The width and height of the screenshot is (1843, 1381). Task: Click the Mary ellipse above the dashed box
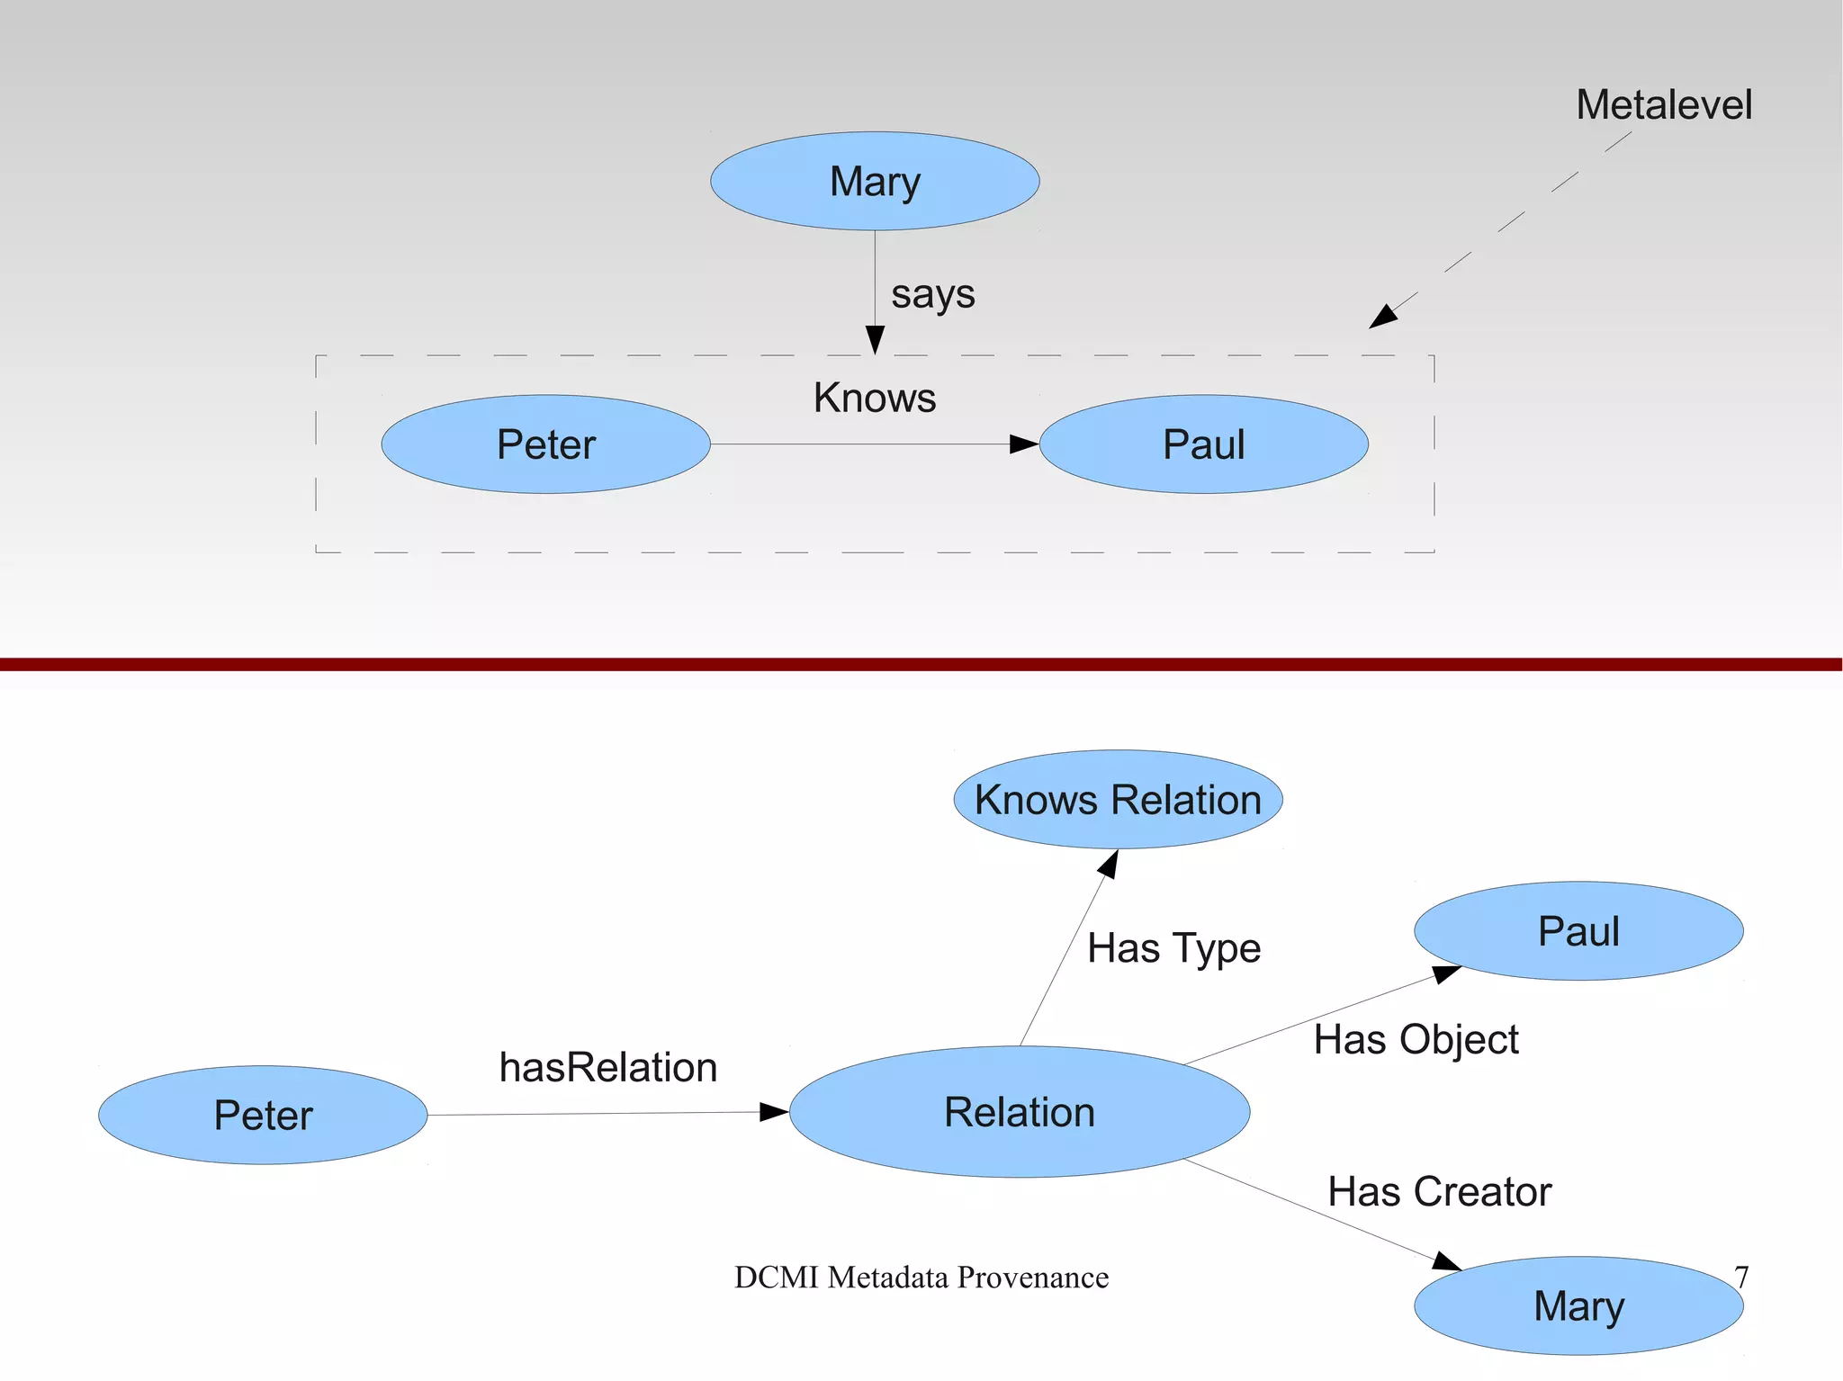(875, 181)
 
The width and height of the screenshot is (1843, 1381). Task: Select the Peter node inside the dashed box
(545, 444)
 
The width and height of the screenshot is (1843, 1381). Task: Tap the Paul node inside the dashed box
(1203, 444)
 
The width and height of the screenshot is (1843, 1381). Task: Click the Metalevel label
(1664, 105)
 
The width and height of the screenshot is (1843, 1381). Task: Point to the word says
(932, 294)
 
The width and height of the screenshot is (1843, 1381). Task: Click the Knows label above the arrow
(875, 398)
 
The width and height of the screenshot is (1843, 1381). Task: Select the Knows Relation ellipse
(1118, 800)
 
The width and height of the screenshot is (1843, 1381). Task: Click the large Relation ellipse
(1020, 1112)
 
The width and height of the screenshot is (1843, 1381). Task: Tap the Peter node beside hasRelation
(263, 1116)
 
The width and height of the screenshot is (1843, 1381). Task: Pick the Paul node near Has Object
(1578, 931)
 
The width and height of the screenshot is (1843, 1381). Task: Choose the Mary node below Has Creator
(1578, 1306)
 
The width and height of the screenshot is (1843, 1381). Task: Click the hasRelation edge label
(608, 1068)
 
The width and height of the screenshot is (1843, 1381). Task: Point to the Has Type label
(1173, 948)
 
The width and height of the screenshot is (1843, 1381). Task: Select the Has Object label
(1416, 1040)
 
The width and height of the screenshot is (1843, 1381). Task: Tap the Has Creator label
(1440, 1192)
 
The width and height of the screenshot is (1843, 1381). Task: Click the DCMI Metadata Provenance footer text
(921, 1278)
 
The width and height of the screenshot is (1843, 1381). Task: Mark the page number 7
(1741, 1278)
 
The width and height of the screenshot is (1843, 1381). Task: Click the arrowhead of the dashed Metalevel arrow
(1383, 317)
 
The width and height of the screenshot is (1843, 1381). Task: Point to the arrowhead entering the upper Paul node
(1024, 444)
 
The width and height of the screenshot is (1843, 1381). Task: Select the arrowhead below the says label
(875, 340)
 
